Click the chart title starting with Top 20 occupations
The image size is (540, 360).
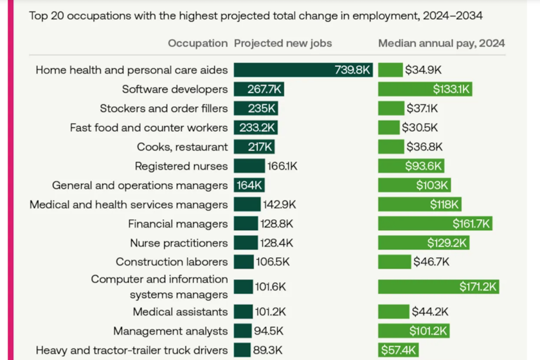pyautogui.click(x=256, y=15)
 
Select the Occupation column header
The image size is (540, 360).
pyautogui.click(x=197, y=44)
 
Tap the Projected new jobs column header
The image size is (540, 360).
pyautogui.click(x=283, y=44)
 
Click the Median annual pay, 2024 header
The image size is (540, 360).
pyautogui.click(x=441, y=44)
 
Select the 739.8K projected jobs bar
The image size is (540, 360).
pyautogui.click(x=303, y=70)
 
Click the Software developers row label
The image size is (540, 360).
pyautogui.click(x=175, y=89)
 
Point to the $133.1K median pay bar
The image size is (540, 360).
pyautogui.click(x=425, y=89)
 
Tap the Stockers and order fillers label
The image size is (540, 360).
pyautogui.click(x=163, y=109)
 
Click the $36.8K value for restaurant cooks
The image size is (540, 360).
pyautogui.click(x=424, y=147)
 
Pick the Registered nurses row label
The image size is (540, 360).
pyautogui.click(x=181, y=166)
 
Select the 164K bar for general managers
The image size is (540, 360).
pyautogui.click(x=249, y=186)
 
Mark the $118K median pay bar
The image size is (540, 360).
pyautogui.click(x=420, y=205)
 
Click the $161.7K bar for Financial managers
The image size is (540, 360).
pyautogui.click(x=435, y=224)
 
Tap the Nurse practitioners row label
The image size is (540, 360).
pyautogui.click(x=179, y=244)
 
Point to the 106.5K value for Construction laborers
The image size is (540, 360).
pyautogui.click(x=273, y=262)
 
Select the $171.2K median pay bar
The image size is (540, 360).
pyautogui.click(x=438, y=287)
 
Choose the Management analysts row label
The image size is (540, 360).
pyautogui.click(x=170, y=331)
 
